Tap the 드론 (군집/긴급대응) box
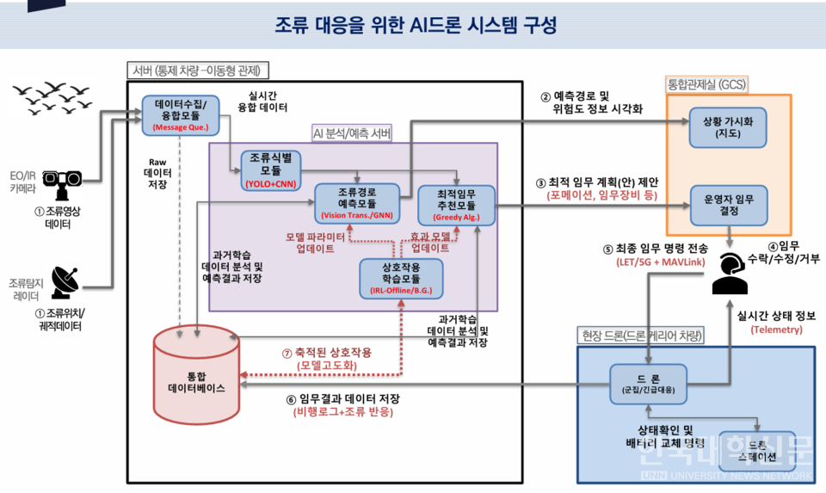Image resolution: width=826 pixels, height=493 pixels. (650, 383)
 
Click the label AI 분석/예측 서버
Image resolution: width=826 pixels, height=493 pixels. (352, 133)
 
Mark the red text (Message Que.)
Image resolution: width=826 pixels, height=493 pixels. (180, 128)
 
